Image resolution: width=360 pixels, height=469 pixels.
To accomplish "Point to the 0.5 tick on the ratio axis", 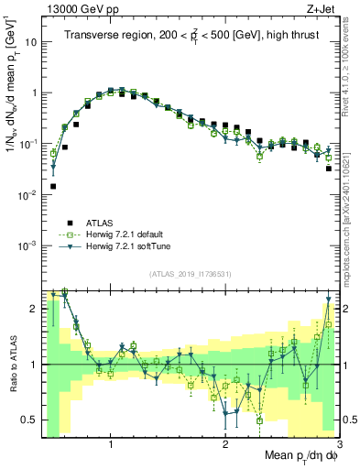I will [x=29, y=420].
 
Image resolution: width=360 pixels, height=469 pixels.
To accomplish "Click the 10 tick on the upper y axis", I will [x=29, y=42].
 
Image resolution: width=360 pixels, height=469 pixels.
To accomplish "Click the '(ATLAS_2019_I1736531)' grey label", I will [x=190, y=274].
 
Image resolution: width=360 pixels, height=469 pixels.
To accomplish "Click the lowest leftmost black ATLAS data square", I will [x=53, y=186].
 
